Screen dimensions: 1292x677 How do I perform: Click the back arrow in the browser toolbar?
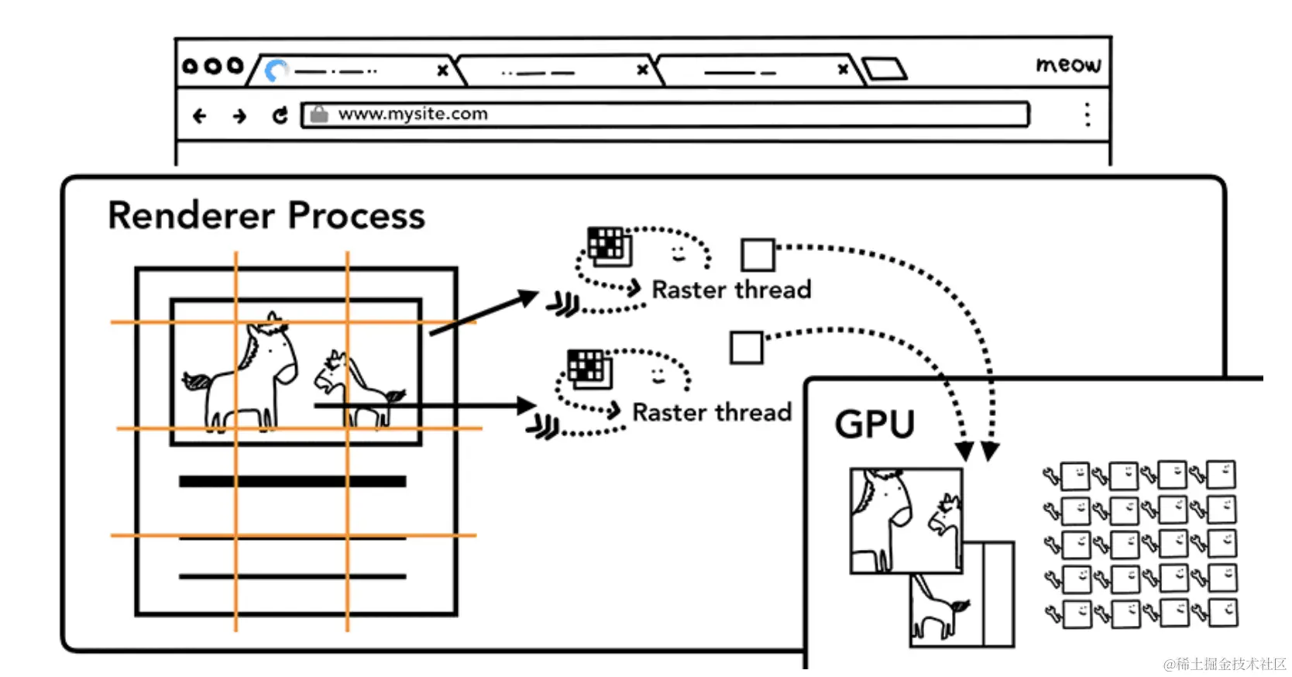tap(200, 116)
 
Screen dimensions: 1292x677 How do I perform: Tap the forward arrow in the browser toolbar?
tap(239, 116)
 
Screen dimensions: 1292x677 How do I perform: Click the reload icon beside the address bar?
tap(280, 115)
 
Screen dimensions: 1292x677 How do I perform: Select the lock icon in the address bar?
tap(319, 114)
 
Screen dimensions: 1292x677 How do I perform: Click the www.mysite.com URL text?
tap(413, 114)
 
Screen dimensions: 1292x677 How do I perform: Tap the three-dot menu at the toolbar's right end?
tap(1088, 115)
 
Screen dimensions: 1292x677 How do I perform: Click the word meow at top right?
tap(1068, 64)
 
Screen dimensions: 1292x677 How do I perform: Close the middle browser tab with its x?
tap(642, 70)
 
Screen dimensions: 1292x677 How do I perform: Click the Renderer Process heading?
tap(266, 215)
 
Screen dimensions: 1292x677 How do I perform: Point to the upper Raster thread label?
tap(731, 290)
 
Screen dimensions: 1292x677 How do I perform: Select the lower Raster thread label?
tap(713, 412)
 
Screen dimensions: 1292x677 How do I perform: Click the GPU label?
tap(875, 424)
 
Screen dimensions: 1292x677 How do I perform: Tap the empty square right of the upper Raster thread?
tap(758, 255)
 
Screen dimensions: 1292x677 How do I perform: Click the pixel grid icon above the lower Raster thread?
tap(589, 368)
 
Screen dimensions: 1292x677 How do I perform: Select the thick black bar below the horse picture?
tap(293, 482)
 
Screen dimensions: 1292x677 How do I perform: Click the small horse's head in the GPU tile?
tap(944, 511)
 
